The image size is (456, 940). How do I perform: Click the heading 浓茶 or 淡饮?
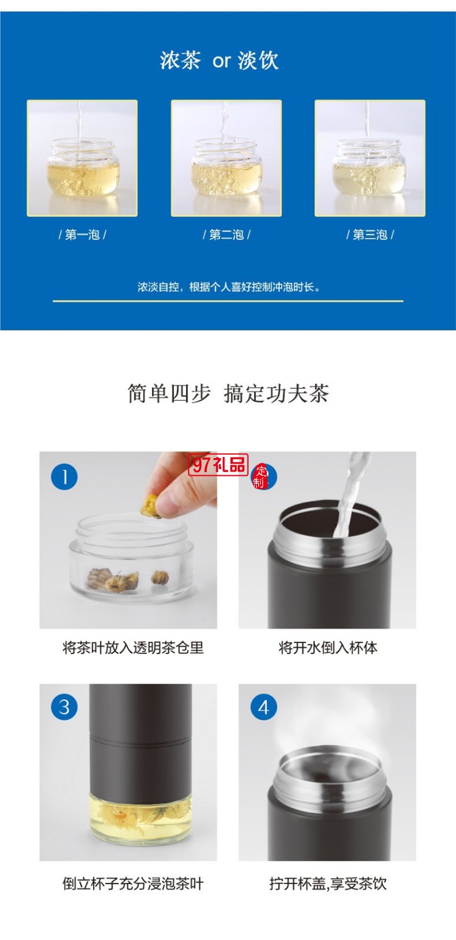[219, 61]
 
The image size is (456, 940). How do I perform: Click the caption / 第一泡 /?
[82, 235]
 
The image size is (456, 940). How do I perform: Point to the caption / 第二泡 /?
[226, 235]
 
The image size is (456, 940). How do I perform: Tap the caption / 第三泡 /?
[370, 235]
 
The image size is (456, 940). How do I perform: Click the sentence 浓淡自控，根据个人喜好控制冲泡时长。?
[228, 287]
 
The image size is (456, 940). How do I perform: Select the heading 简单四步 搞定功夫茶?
[228, 394]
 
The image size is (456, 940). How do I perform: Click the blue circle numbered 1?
[64, 476]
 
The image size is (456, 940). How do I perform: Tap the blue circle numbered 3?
[64, 707]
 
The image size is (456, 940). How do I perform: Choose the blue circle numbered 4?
[263, 707]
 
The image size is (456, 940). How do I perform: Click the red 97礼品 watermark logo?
[219, 465]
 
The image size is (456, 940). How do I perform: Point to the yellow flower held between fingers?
[150, 504]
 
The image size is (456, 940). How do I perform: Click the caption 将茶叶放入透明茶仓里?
[133, 648]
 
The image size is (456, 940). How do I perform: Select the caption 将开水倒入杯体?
[328, 648]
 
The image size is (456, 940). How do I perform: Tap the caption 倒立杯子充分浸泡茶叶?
[133, 883]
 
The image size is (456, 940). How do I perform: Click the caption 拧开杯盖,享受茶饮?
[328, 883]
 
